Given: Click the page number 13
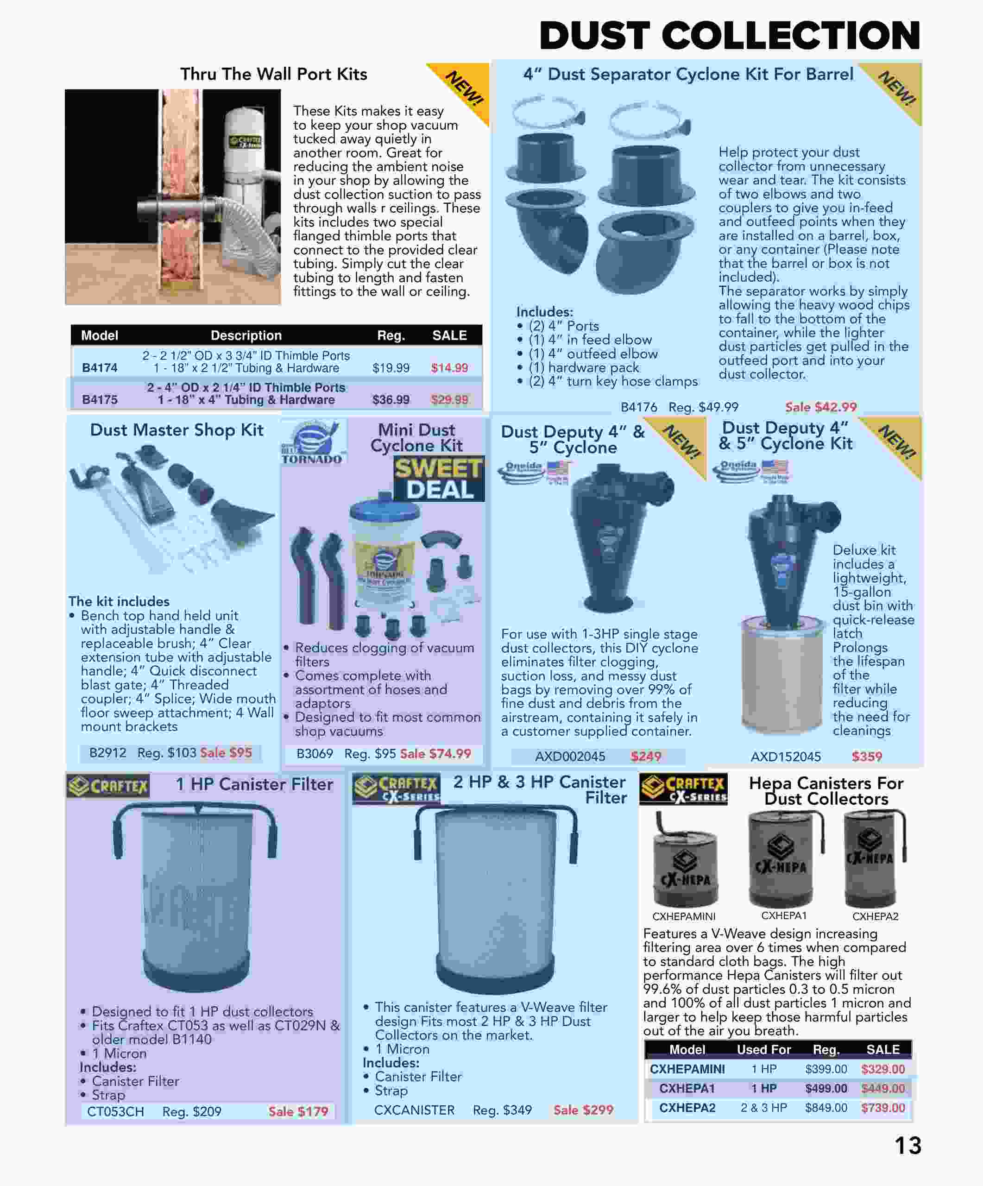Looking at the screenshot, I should pos(907,1145).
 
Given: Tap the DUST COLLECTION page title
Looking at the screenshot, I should pos(730,36).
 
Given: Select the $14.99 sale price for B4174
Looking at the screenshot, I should pos(449,368).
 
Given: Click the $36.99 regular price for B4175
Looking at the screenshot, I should pos(391,399).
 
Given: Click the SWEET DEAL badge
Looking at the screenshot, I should pos(439,479).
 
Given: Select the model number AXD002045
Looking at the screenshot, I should pos(570,756).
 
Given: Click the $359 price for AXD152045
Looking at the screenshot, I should pos(866,756).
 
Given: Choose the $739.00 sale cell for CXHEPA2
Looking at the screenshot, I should pos(882,1108).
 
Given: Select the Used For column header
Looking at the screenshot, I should pos(763,1049).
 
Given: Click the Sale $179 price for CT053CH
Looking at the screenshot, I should pos(298,1111).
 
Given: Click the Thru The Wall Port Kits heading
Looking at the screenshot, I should pos(273,74).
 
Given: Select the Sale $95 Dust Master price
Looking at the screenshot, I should pos(226,752).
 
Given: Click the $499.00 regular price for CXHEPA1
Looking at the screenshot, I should pos(825,1088).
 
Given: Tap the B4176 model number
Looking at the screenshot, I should pos(639,407).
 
